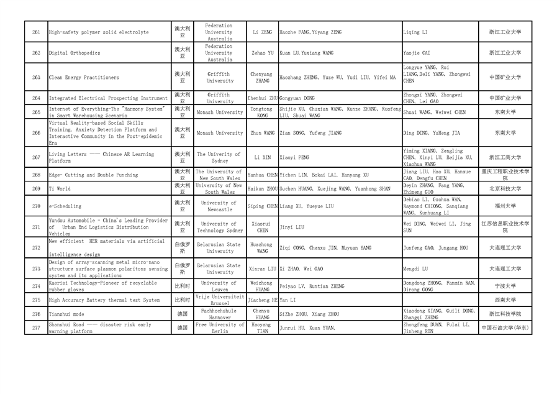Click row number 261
[36, 32]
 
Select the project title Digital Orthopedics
[75, 53]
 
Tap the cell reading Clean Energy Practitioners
[84, 78]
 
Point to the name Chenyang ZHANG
[262, 78]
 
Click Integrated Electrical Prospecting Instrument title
[108, 98]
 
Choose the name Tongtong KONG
[262, 112]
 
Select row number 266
[36, 133]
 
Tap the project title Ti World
[60, 188]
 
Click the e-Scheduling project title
[65, 206]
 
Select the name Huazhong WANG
[262, 248]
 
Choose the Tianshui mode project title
[66, 314]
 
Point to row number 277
[36, 328]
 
